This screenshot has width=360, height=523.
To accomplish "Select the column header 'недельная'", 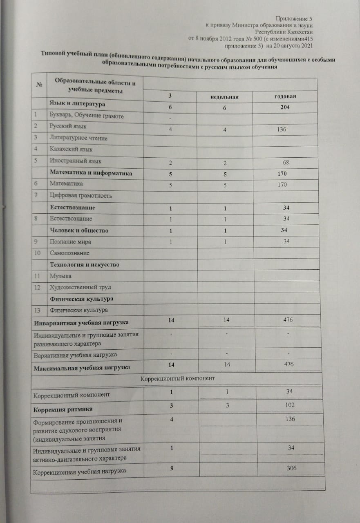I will pyautogui.click(x=224, y=97).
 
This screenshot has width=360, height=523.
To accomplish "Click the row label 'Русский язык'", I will pyautogui.click(x=68, y=127).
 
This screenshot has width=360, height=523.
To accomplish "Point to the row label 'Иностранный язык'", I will pyautogui.click(x=75, y=161).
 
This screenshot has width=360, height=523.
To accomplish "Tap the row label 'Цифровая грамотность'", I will pyautogui.click(x=81, y=196).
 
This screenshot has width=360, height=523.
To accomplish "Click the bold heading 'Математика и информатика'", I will pyautogui.click(x=91, y=173).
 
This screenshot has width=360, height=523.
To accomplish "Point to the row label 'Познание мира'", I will pyautogui.click(x=70, y=242).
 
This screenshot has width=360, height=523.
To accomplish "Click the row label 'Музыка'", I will pyautogui.click(x=60, y=277).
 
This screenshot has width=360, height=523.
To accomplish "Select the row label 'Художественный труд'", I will pyautogui.click(x=80, y=288).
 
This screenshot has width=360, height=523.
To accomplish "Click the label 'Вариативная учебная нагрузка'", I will pyautogui.click(x=75, y=354).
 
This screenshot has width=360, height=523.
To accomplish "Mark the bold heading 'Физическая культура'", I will pyautogui.click(x=81, y=299).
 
